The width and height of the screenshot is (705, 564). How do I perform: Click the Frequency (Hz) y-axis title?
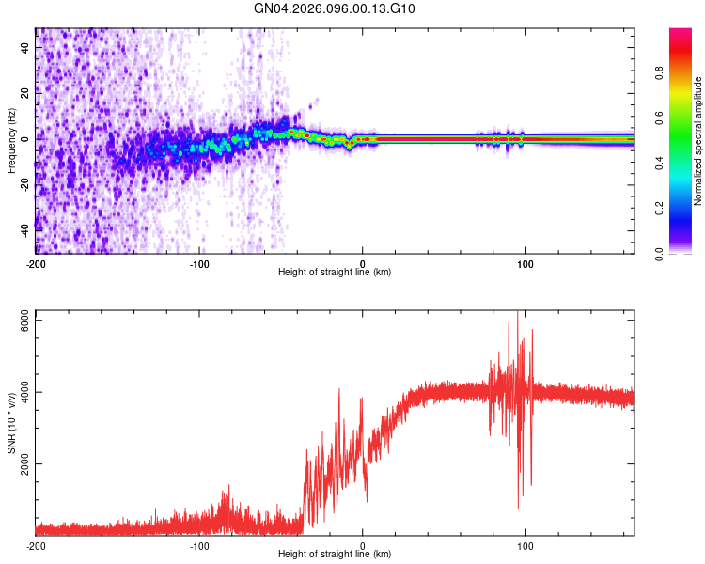11,141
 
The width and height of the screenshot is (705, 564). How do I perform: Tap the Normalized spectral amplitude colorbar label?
698,141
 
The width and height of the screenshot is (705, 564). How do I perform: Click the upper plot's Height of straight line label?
335,273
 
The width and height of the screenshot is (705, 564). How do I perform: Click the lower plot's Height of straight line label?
335,555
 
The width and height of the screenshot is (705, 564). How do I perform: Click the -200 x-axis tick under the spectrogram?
36,263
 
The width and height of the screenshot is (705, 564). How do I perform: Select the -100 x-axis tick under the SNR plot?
199,545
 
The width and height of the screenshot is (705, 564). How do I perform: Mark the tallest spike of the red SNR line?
517,313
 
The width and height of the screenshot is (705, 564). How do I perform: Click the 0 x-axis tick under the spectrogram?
363,263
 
